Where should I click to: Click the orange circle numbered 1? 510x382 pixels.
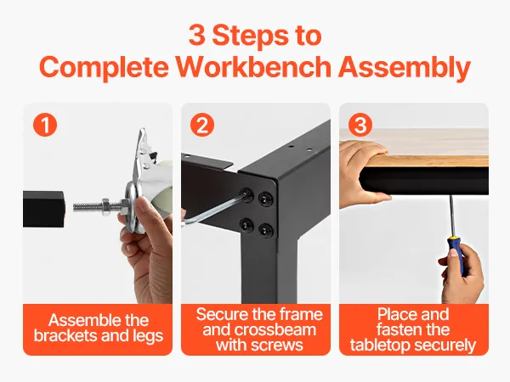(45, 125)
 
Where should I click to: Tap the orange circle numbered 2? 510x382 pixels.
(202, 125)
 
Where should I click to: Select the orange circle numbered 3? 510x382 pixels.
(360, 125)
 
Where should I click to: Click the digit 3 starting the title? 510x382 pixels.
(197, 35)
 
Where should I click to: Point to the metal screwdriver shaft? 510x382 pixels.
(451, 216)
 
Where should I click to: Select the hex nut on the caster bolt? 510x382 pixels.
(105, 206)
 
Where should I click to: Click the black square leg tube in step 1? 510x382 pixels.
(43, 209)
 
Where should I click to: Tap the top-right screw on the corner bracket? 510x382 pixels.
(265, 198)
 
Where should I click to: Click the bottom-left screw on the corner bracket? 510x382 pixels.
(246, 224)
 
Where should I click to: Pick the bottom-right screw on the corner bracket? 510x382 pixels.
(266, 230)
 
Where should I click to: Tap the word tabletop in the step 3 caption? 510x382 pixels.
(378, 345)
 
